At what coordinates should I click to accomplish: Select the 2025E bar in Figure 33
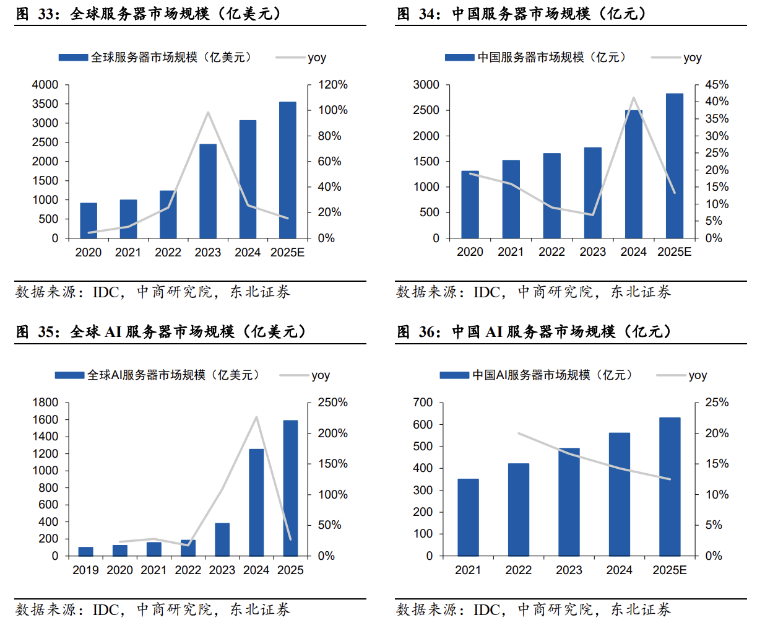coord(287,170)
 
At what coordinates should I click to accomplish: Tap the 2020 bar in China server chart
coord(470,204)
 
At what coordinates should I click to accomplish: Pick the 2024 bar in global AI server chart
coord(256,502)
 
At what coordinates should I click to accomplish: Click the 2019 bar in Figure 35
coord(85,551)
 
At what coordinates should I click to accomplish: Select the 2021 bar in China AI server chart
coord(468,517)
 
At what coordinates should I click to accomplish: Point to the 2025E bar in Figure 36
coord(670,486)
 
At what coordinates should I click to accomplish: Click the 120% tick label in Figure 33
coord(333,85)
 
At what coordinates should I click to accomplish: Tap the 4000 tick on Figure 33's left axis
coord(45,85)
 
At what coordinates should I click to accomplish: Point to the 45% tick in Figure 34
coord(717,85)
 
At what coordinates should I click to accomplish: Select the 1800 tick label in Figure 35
coord(45,403)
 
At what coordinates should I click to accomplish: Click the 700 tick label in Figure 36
coord(423,403)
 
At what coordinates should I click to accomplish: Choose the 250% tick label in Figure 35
coord(333,403)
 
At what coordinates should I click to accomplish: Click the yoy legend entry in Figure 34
coord(692,58)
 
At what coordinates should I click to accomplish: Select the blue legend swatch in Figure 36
coord(454,375)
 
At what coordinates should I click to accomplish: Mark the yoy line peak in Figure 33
coord(208,113)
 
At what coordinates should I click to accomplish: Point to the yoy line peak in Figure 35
coord(256,417)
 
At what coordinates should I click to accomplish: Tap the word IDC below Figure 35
coord(106,609)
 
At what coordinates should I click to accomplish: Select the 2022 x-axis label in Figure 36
coord(518,570)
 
